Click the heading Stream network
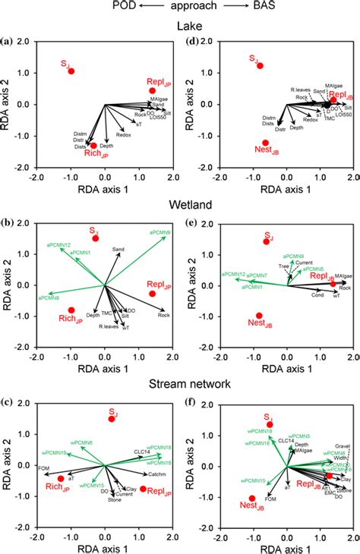click(x=180, y=385)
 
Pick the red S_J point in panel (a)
click(x=71, y=71)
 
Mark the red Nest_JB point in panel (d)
click(x=266, y=143)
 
